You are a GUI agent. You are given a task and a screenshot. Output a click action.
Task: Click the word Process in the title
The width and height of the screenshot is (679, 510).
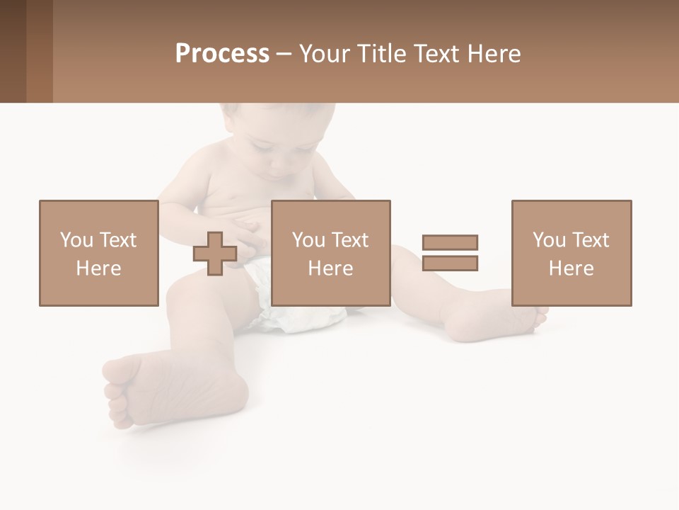click(222, 54)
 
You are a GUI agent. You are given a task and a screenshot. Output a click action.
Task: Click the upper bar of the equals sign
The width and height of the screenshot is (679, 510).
click(450, 242)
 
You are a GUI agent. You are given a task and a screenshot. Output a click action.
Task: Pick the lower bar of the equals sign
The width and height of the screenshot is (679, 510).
click(450, 263)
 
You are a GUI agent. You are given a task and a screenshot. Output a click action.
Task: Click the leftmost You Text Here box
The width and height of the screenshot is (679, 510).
click(98, 253)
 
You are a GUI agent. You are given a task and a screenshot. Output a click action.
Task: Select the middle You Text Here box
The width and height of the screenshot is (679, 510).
click(330, 253)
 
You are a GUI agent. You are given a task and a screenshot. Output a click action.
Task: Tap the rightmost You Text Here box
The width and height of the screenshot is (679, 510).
click(571, 253)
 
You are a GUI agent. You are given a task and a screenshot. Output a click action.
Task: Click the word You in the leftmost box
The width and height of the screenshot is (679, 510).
click(76, 239)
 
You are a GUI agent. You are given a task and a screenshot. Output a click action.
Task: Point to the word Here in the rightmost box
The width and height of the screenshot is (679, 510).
click(571, 268)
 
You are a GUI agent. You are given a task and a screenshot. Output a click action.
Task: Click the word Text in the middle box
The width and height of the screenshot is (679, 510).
click(351, 239)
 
